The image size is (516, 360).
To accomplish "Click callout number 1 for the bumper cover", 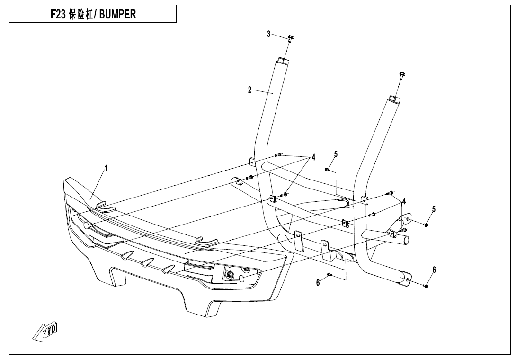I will (106, 168).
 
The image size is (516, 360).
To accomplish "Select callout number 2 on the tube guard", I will (249, 90).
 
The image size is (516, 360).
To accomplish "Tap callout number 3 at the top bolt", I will (268, 34).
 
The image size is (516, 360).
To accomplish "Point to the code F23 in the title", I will (59, 14).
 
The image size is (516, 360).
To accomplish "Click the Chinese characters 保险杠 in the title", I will (82, 14).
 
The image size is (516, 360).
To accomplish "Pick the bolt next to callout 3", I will (289, 38).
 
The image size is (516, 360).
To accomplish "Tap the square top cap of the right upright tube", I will (394, 99).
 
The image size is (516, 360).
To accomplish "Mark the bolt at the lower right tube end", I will (426, 286).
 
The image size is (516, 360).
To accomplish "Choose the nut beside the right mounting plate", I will (426, 225).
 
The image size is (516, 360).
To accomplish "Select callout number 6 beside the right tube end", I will (434, 270).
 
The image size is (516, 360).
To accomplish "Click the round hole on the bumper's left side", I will (86, 226).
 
